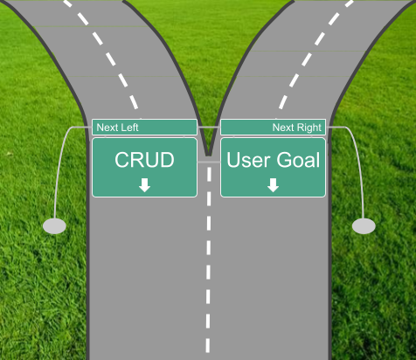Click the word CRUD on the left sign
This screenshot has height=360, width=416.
coord(144,160)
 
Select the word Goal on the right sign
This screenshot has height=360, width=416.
coord(298,160)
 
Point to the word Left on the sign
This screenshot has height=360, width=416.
coord(129,128)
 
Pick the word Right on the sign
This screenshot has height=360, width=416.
coord(309,128)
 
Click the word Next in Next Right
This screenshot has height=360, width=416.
coord(283,128)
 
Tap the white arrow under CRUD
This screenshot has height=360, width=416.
coord(144,185)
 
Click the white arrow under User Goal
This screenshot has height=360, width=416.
coord(273,185)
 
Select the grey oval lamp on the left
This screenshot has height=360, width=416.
coord(54,226)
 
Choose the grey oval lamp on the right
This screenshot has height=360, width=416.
coord(364,226)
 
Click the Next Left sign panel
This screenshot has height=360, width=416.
coord(144,128)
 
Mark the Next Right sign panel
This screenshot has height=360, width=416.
coord(273,128)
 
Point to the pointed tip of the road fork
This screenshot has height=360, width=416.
coord(208,156)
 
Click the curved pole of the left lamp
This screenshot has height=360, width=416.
coord(59,163)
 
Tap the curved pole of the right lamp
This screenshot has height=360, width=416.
coord(359,163)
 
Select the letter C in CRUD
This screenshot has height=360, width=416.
coord(122,160)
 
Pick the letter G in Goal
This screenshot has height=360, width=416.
coord(284,160)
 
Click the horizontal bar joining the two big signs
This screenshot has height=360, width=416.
coord(209,162)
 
